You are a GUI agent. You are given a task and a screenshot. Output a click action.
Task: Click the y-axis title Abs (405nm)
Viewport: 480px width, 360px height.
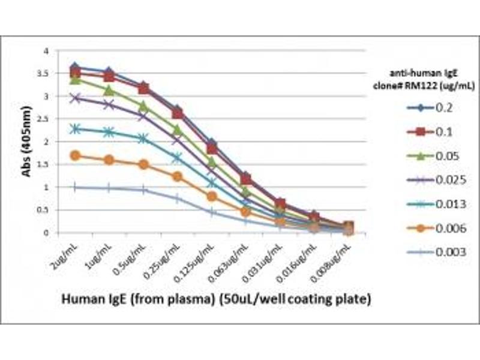tap(27, 143)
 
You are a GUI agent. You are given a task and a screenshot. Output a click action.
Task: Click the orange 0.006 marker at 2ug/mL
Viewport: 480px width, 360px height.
tap(75, 156)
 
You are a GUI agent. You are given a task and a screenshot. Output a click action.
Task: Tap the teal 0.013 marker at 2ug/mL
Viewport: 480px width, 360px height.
tap(75, 128)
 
